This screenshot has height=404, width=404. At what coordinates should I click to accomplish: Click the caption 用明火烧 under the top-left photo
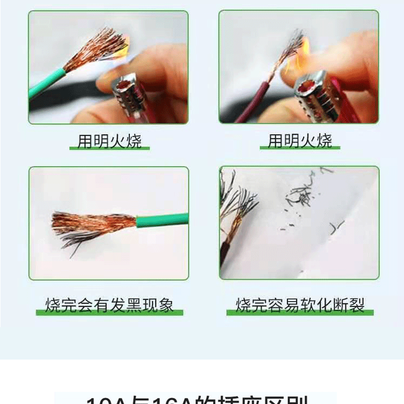pos(110,141)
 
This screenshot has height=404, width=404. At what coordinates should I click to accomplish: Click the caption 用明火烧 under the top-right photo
pos(300,141)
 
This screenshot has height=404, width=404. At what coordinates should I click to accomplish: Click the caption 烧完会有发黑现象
pos(109,305)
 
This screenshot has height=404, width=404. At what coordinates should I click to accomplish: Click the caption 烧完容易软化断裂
pos(300,305)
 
